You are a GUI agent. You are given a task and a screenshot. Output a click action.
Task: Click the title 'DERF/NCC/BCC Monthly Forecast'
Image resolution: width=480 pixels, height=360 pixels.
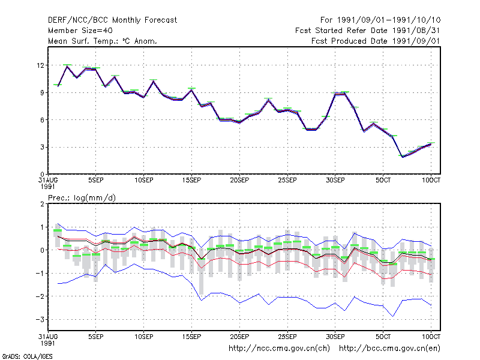point(112,20)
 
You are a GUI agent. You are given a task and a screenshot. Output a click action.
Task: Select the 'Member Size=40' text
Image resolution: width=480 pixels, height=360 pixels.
point(80,31)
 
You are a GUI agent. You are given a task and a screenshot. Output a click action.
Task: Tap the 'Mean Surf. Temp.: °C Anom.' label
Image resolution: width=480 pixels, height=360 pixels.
point(103,41)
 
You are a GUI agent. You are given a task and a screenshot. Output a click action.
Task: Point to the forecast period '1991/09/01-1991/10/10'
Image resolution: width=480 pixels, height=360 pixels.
point(389,20)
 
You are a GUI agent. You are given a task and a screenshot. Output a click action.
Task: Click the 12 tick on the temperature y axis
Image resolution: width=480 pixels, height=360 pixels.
point(40,65)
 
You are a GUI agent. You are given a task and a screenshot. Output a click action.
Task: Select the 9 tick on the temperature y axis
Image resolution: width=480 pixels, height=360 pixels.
point(42,93)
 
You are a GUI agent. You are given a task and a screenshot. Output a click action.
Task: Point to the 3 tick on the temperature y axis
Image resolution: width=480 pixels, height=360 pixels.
point(42,147)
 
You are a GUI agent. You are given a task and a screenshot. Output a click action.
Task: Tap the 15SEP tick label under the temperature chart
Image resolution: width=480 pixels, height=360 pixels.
point(191,181)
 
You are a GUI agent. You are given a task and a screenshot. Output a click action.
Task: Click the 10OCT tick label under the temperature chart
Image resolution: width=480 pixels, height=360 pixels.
point(431,181)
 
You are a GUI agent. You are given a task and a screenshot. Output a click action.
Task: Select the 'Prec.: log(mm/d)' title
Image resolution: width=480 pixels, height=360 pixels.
point(82,198)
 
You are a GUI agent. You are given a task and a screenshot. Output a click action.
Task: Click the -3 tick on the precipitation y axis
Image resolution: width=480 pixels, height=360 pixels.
point(40,320)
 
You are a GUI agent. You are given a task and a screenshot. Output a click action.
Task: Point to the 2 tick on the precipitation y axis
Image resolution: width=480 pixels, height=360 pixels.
point(42,204)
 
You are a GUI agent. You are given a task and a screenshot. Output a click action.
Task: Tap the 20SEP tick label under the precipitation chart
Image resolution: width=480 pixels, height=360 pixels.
point(239,337)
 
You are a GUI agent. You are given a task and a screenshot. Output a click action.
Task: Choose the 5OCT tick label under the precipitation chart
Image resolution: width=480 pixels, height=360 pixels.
point(383,337)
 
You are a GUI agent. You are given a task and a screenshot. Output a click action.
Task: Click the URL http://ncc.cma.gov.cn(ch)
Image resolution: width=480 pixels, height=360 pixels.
point(279,349)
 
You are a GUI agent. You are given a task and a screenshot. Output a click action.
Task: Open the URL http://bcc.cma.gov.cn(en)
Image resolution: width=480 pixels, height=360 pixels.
point(389,349)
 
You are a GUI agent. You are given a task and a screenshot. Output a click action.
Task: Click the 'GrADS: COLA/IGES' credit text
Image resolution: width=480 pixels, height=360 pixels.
point(27,356)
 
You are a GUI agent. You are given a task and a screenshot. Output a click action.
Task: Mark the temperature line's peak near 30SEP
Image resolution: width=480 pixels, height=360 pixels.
point(344,94)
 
